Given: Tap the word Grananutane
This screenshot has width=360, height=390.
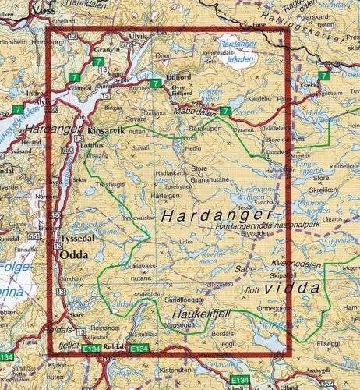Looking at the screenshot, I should click(206, 177).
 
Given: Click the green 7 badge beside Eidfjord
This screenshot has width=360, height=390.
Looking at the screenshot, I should click(156, 84).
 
